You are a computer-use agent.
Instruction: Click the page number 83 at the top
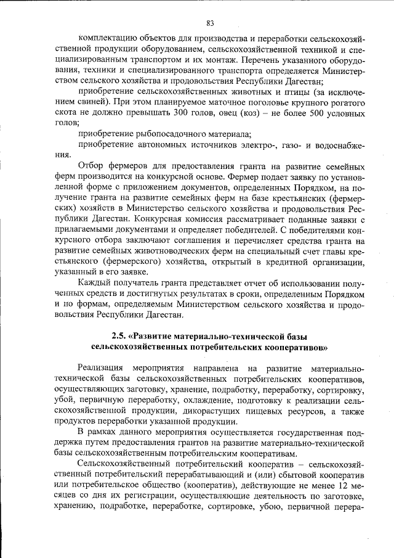pyautogui.click(x=210, y=23)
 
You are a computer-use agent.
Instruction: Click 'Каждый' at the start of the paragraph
pyautogui.click(x=94, y=281)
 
